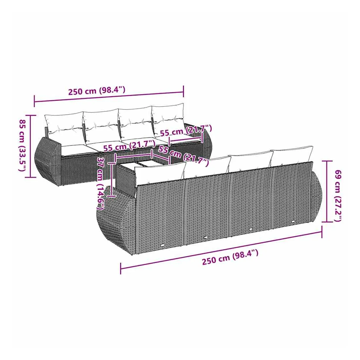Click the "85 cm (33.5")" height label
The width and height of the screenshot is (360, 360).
point(23,145)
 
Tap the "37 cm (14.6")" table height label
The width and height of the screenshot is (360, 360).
point(101,183)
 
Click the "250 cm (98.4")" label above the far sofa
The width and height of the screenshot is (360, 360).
point(97,90)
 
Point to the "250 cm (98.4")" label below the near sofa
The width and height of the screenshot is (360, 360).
point(230,257)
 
